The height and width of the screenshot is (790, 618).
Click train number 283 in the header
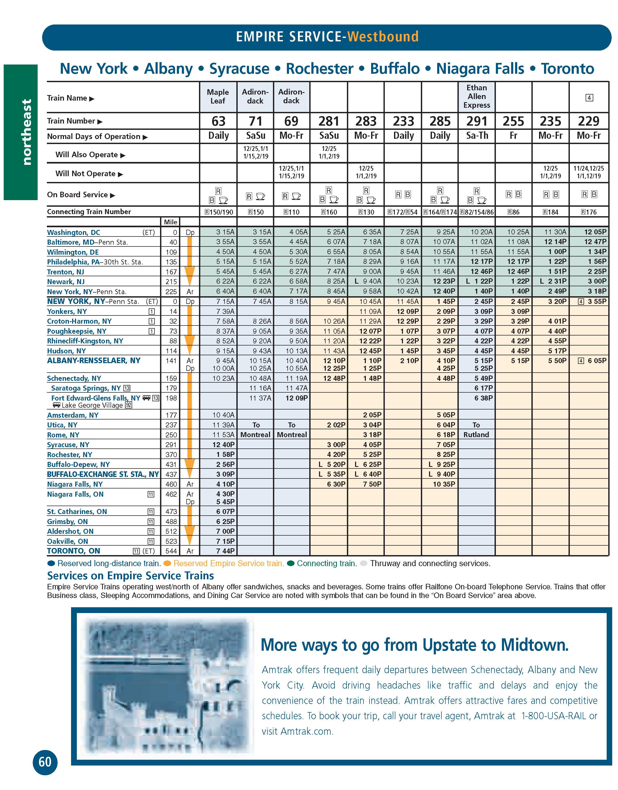[366, 121]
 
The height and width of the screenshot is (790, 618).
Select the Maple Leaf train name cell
[218, 97]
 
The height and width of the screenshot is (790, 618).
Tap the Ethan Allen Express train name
[476, 96]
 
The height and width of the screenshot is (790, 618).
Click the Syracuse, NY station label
[68, 445]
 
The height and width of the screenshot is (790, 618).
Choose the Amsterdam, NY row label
[73, 415]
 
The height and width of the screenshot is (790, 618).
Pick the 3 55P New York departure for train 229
[595, 301]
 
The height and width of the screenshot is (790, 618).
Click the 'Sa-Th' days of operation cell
[477, 136]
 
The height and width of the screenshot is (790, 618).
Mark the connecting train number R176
[589, 212]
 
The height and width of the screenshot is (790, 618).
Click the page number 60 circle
[45, 762]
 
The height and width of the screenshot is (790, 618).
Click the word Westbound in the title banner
[383, 37]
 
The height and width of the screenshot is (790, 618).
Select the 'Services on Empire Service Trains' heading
[131, 576]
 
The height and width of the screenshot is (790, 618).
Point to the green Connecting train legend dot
[291, 563]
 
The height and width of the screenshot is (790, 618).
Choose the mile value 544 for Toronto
[171, 551]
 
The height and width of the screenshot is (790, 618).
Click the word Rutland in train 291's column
[476, 434]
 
